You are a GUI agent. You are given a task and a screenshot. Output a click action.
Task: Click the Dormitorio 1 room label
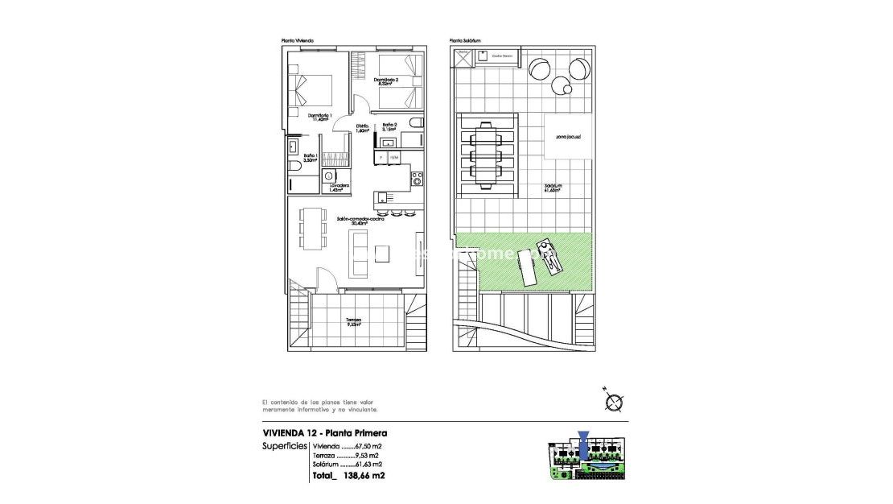319,117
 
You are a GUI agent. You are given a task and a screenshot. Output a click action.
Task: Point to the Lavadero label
339,187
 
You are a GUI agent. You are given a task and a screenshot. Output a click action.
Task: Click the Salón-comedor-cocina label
360,221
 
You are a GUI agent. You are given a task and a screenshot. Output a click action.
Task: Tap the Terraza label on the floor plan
353,321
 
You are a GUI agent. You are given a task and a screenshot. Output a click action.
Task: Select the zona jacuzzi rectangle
568,137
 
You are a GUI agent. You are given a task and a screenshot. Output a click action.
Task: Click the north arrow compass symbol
615,401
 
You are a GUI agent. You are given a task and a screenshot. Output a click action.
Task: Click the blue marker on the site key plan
584,440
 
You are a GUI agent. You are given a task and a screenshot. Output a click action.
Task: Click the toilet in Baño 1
294,165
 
